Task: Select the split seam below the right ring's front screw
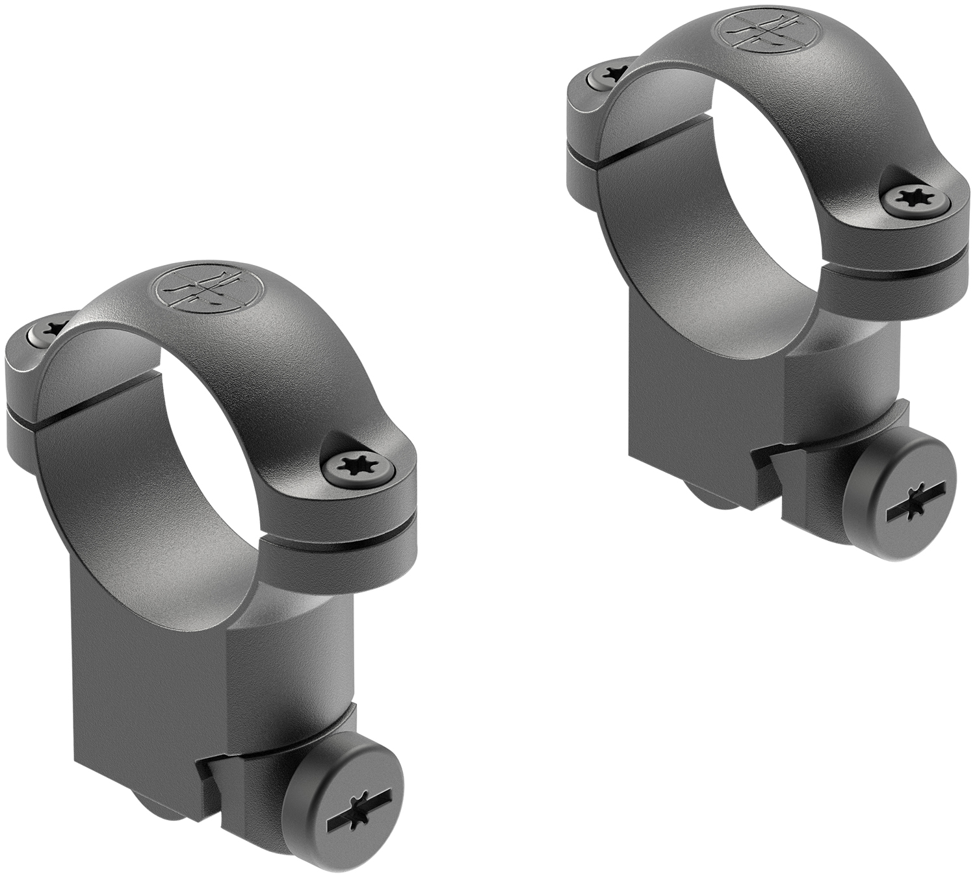coord(903,260)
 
